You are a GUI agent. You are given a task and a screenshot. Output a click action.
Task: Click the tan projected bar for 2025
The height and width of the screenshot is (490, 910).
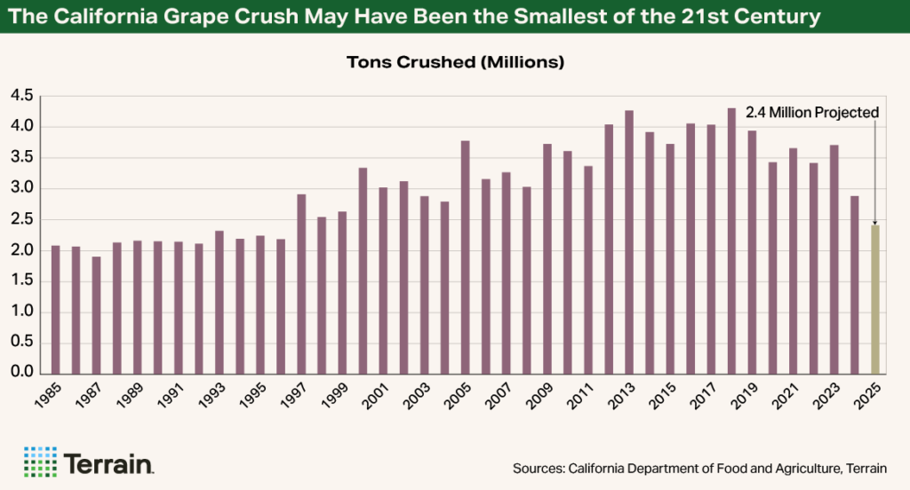click(x=875, y=299)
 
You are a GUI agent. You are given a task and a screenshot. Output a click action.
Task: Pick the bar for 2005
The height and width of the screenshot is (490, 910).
click(x=465, y=257)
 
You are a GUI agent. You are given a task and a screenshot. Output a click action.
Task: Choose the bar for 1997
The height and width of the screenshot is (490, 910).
click(x=301, y=283)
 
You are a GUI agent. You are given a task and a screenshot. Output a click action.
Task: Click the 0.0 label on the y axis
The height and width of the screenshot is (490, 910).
click(x=21, y=373)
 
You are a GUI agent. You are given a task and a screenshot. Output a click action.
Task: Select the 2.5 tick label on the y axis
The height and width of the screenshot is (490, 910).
click(x=21, y=219)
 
